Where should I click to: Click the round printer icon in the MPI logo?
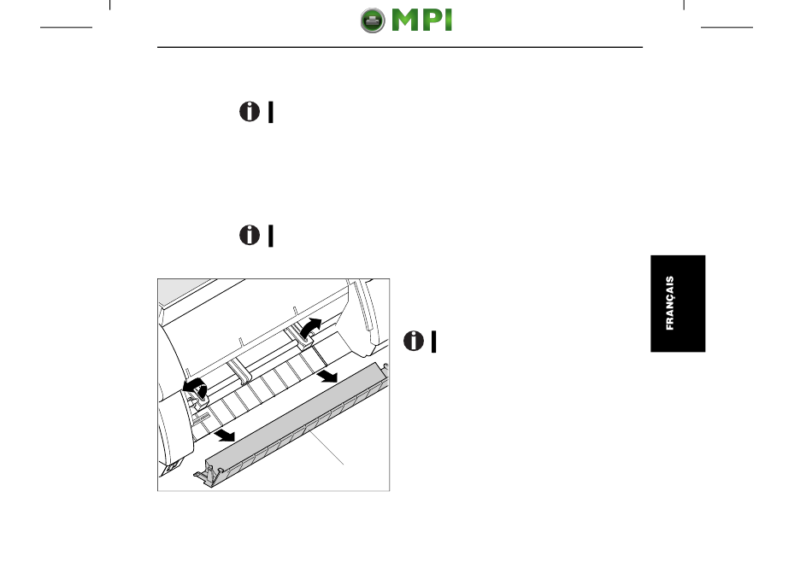[x=373, y=20]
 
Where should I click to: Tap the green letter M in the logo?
[x=408, y=20]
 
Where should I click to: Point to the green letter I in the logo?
[x=449, y=20]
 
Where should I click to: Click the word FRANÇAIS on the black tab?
[x=669, y=303]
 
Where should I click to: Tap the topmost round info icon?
[x=250, y=112]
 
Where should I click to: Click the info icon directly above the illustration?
[x=250, y=236]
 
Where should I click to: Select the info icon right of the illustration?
[x=414, y=341]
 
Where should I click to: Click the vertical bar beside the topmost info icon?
[x=271, y=113]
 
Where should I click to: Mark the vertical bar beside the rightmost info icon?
[x=434, y=342]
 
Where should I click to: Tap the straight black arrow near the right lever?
[x=327, y=376]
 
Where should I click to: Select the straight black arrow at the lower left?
[x=226, y=435]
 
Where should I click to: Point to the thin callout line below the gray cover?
[x=326, y=447]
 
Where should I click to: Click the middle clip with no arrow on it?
[x=237, y=369]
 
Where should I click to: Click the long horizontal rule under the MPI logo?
[x=400, y=47]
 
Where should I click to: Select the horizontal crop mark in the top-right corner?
[x=727, y=27]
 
